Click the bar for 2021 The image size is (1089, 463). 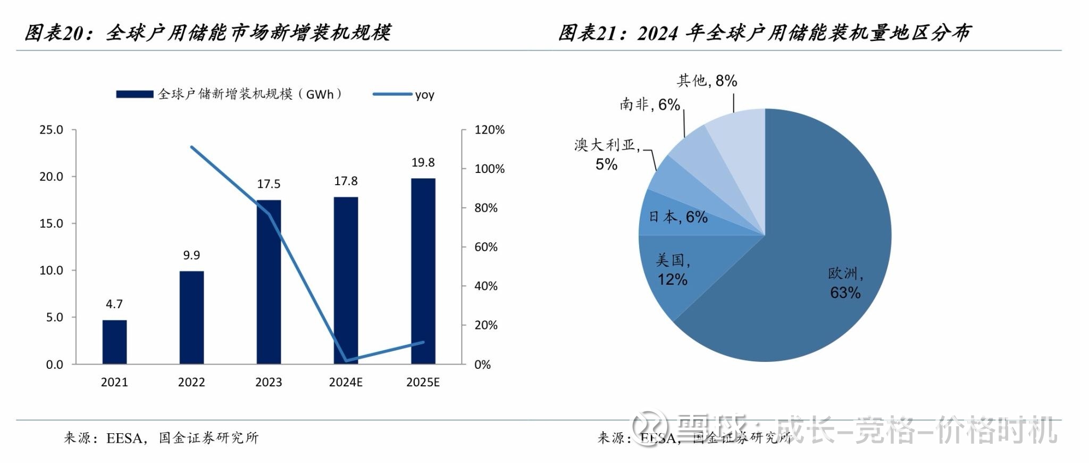tap(114, 342)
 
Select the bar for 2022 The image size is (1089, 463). tap(191, 318)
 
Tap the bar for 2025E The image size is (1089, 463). tap(423, 271)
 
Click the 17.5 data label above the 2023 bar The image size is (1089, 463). tap(269, 184)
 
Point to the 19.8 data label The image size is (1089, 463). tap(423, 162)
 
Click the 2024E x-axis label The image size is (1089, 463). tap(346, 382)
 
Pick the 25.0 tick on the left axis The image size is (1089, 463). tap(51, 130)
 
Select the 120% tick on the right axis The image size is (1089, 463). tap(489, 130)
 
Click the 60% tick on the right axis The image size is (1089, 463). tap(486, 247)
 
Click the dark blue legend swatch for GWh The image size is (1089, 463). tap(135, 94)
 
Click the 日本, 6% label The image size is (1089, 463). tap(678, 217)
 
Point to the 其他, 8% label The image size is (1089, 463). tap(707, 81)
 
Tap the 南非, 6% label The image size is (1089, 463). tap(649, 104)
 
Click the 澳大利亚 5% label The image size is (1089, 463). tap(606, 154)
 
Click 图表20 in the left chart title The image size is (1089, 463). tap(55, 33)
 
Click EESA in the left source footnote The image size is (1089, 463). tap(124, 438)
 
